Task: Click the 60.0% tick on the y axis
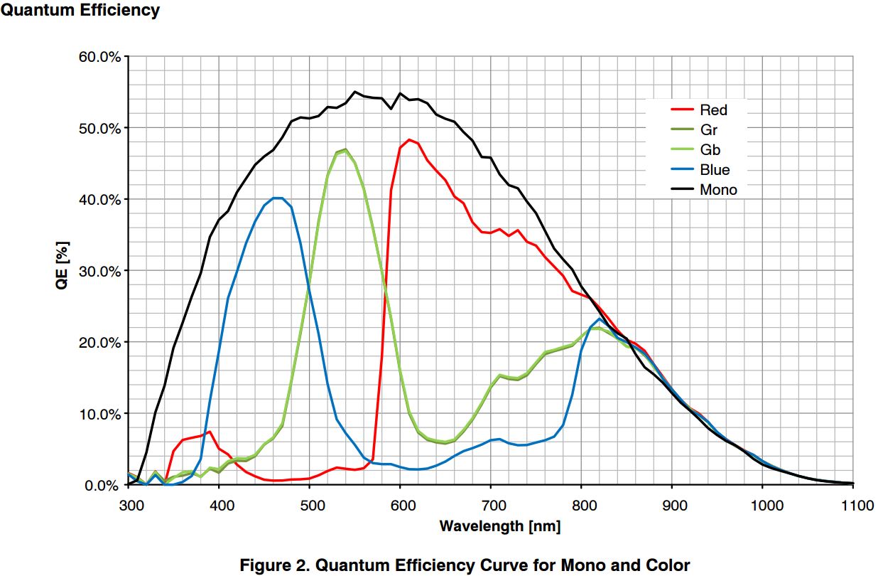pos(99,57)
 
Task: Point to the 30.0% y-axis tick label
pos(99,271)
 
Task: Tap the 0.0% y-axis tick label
pos(102,485)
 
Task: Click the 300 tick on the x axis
pos(129,506)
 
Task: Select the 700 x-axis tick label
pos(491,506)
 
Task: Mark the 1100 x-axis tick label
pos(852,506)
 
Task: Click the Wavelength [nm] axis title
pos(499,527)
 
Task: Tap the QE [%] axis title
pos(64,272)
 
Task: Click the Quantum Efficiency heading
pos(80,11)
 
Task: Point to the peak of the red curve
pos(409,140)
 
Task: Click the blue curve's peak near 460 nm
pos(278,198)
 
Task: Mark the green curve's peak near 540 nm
pos(345,149)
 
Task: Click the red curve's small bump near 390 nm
pos(210,432)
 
